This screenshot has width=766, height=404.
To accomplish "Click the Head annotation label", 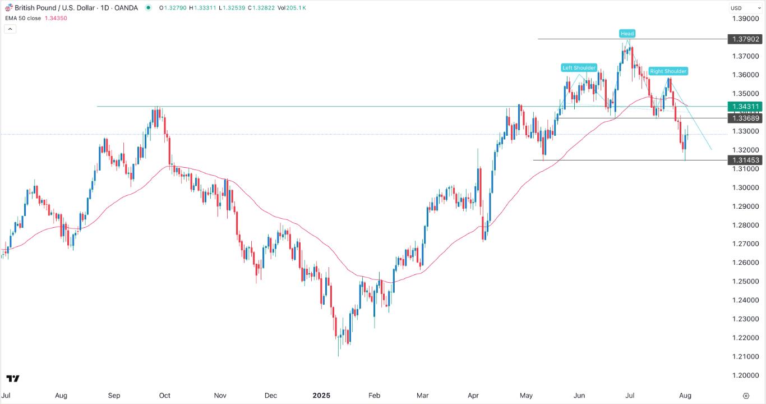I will pyautogui.click(x=627, y=34).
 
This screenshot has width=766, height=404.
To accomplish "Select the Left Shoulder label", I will pyautogui.click(x=579, y=68).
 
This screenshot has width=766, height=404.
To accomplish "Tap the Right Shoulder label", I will pyautogui.click(x=668, y=71).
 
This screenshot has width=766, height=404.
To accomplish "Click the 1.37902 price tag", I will pyautogui.click(x=745, y=39).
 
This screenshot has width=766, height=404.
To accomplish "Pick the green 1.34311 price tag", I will pyautogui.click(x=745, y=106).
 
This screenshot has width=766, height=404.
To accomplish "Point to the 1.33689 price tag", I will pyautogui.click(x=745, y=118).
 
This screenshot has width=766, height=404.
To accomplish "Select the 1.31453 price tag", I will pyautogui.click(x=745, y=160).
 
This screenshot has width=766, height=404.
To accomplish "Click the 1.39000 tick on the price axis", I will pyautogui.click(x=745, y=19).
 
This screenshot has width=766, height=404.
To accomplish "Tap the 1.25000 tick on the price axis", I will pyautogui.click(x=745, y=281).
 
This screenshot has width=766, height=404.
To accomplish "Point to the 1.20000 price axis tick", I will pyautogui.click(x=745, y=375).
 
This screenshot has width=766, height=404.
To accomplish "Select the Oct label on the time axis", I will pyautogui.click(x=164, y=395).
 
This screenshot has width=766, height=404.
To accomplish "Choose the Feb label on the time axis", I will pyautogui.click(x=374, y=395).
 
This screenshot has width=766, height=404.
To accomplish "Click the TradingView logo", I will pyautogui.click(x=13, y=379).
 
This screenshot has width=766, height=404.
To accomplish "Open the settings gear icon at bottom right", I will pyautogui.click(x=745, y=395).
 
